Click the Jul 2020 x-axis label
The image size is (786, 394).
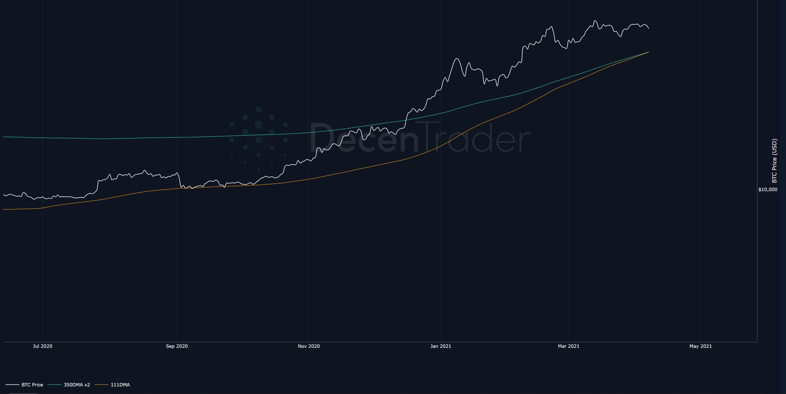[x=42, y=346]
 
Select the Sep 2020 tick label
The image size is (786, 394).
[x=177, y=346]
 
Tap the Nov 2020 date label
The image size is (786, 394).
[x=309, y=346]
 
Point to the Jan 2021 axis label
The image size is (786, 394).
[x=441, y=346]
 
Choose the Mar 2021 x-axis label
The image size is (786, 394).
[x=568, y=346]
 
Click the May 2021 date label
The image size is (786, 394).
[x=700, y=346]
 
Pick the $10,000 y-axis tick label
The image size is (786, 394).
[x=768, y=190]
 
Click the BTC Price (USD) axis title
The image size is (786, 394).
[x=774, y=161]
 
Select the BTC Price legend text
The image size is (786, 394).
[x=32, y=385]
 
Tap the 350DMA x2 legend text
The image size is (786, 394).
[x=77, y=385]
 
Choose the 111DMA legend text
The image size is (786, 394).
[x=120, y=385]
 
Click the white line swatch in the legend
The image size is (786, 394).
[x=12, y=385]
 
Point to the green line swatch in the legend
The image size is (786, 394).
[x=55, y=385]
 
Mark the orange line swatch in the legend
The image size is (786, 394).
[x=101, y=385]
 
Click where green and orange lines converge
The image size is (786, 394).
[x=648, y=52]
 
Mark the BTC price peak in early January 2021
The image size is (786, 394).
[x=457, y=58]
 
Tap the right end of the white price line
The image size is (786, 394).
[x=648, y=28]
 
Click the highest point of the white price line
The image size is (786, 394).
[x=595, y=21]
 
